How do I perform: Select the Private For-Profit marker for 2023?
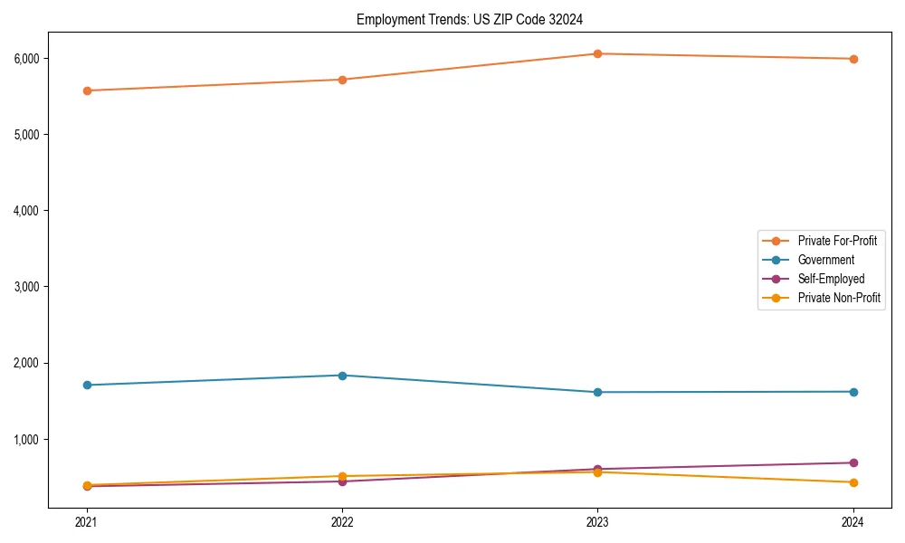click(597, 53)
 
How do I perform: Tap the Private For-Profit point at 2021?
click(87, 90)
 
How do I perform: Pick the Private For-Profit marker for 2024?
click(853, 59)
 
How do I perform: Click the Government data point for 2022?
click(342, 375)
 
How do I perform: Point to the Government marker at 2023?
click(597, 392)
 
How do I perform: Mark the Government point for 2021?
click(87, 385)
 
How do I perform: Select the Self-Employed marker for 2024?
click(853, 462)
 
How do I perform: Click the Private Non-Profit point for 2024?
click(853, 482)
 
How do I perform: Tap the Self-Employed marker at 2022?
click(342, 481)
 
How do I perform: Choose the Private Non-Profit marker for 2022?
click(342, 476)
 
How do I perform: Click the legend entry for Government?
click(825, 260)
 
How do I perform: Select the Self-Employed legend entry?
click(831, 279)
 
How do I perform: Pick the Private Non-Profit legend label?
click(839, 298)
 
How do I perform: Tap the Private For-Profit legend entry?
click(837, 241)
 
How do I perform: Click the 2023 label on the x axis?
click(597, 521)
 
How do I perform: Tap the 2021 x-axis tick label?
click(87, 521)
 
